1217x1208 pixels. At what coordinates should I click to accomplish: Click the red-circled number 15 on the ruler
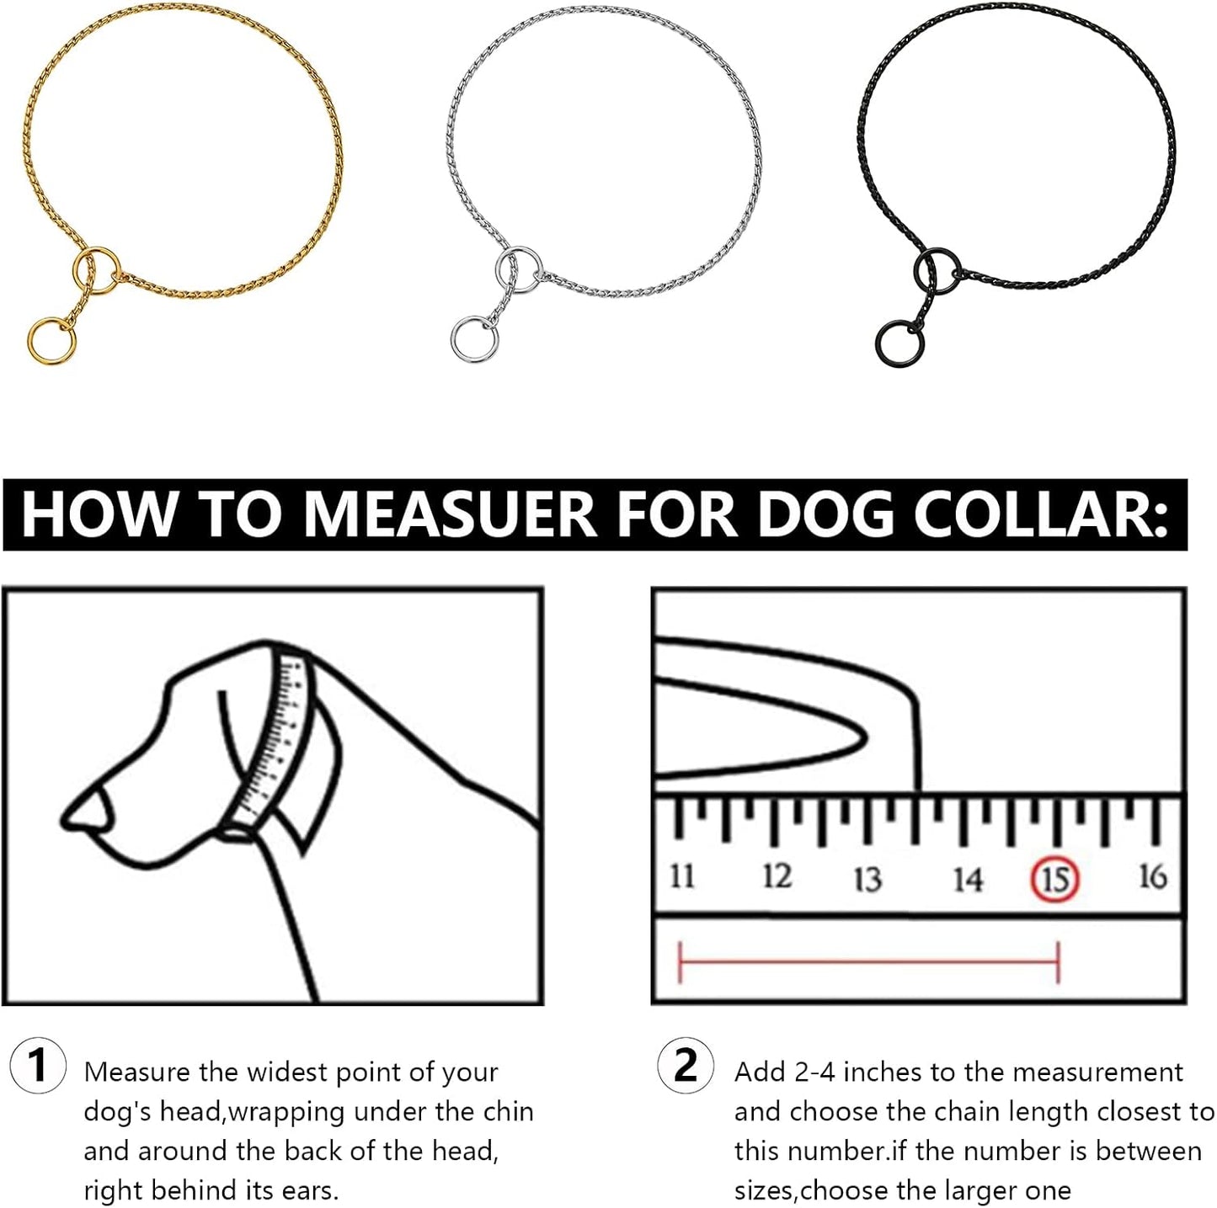point(1054,878)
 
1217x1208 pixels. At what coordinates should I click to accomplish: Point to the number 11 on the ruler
point(681,875)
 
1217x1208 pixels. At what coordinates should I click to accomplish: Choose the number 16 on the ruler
point(1152,875)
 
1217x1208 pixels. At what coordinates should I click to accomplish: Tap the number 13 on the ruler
point(867,878)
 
